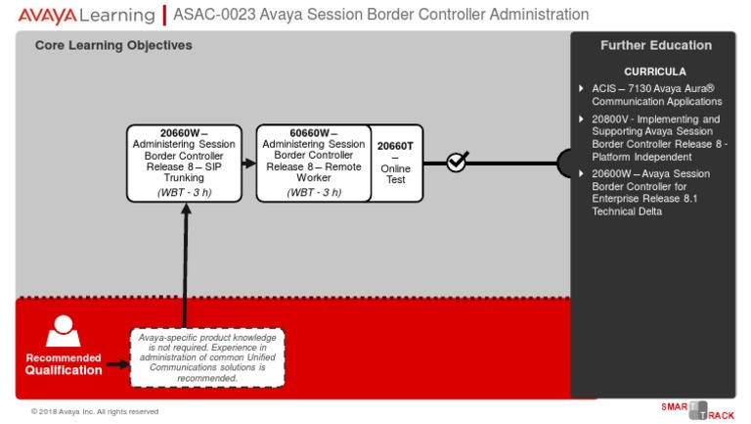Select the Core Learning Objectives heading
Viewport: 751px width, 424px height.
(113, 45)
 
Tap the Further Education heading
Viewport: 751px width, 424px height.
(655, 45)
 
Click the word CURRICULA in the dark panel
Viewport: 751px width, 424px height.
(655, 71)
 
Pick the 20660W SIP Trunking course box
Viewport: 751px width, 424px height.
(184, 163)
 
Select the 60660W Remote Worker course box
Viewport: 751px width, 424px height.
(314, 163)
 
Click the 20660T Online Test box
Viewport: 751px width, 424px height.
(396, 163)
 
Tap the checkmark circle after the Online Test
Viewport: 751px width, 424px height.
(457, 162)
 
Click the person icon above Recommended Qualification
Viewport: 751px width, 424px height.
(63, 331)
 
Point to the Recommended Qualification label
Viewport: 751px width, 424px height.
(63, 364)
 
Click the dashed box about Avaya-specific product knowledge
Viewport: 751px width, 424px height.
(207, 357)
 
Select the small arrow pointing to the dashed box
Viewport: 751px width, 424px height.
(117, 364)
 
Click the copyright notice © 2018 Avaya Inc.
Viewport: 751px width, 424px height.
(94, 411)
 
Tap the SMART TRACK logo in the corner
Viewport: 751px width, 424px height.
(696, 409)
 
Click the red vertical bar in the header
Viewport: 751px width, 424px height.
(163, 15)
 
